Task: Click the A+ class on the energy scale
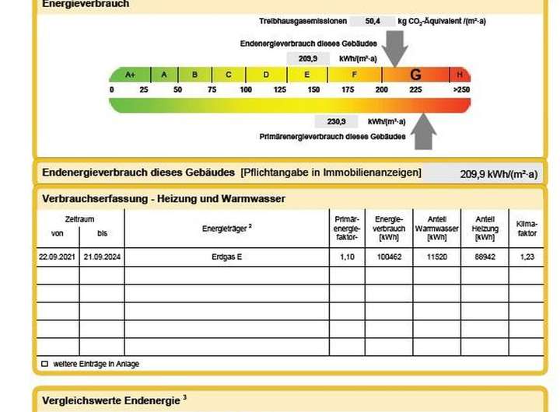(x=130, y=75)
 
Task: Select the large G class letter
(x=415, y=75)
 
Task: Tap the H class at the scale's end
(x=460, y=75)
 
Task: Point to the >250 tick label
(x=461, y=90)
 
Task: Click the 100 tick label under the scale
(x=246, y=90)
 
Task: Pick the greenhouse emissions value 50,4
(x=373, y=22)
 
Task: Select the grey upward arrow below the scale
(x=424, y=130)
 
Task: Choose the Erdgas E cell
(x=227, y=257)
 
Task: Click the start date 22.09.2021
(x=58, y=257)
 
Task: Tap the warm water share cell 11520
(x=436, y=257)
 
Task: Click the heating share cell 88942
(x=485, y=257)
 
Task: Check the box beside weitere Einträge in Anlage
(x=44, y=364)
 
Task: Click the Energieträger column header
(x=227, y=227)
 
